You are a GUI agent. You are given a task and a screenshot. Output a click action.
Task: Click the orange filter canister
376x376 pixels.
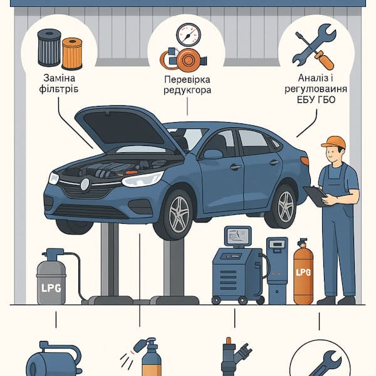point(72,54)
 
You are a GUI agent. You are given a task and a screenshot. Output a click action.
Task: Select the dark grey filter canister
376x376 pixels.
point(50,48)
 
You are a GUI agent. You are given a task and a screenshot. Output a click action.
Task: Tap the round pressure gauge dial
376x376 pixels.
point(188,35)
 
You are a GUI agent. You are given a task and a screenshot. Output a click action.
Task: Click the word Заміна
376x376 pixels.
point(60,78)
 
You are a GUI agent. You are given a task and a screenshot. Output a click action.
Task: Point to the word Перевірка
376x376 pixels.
point(187,80)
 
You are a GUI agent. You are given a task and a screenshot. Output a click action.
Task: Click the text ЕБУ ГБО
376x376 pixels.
point(316,100)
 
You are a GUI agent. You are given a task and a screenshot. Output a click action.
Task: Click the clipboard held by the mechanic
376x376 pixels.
point(315,196)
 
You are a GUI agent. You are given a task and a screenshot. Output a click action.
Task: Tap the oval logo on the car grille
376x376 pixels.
point(85,185)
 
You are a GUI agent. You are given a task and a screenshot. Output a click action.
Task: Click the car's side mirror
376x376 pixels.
point(213,154)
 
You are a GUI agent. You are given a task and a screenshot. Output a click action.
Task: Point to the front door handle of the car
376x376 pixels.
point(236,167)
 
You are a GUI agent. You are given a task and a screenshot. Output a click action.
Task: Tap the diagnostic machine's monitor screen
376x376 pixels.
point(238,235)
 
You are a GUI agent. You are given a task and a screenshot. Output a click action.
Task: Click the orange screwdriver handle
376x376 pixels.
point(324,60)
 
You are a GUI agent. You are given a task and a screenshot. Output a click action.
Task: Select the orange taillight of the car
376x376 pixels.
point(305,161)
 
